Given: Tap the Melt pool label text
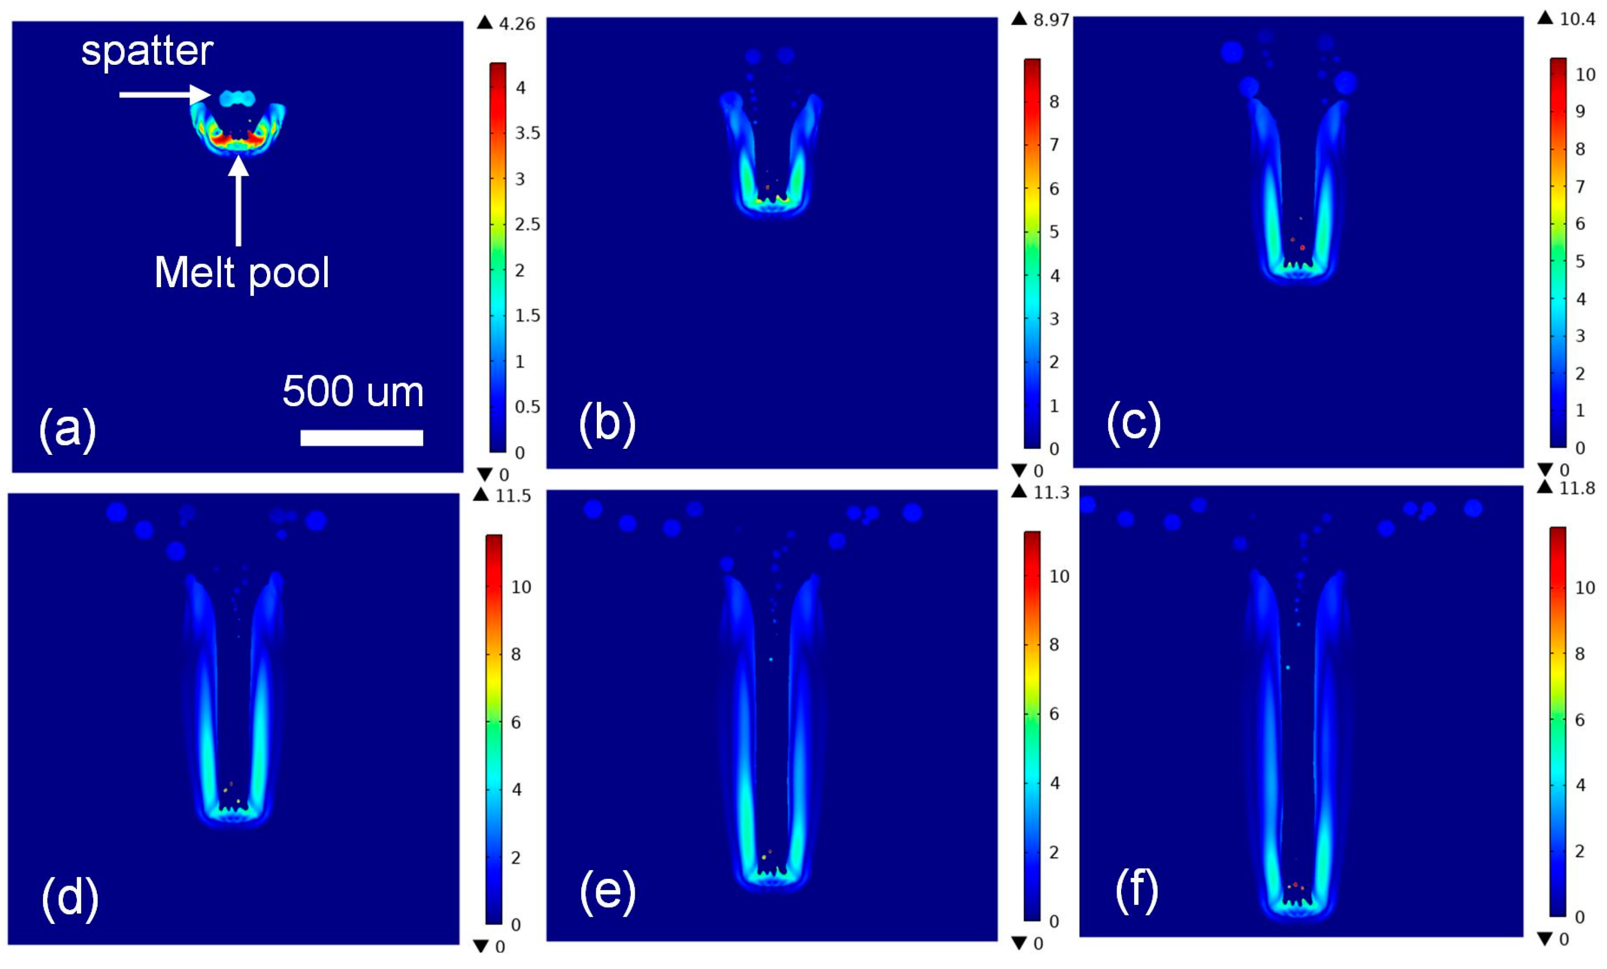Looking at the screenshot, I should click(x=241, y=272).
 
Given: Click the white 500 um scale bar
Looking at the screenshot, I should click(x=361, y=438).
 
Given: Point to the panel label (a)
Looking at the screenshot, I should click(x=67, y=429).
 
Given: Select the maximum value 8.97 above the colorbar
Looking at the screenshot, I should click(x=1051, y=20).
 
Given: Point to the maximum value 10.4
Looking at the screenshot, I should click(x=1577, y=19).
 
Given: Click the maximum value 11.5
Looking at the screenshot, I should click(x=513, y=496).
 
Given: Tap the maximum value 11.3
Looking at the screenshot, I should click(x=1051, y=492).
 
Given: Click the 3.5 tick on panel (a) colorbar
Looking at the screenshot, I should click(x=527, y=133).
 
